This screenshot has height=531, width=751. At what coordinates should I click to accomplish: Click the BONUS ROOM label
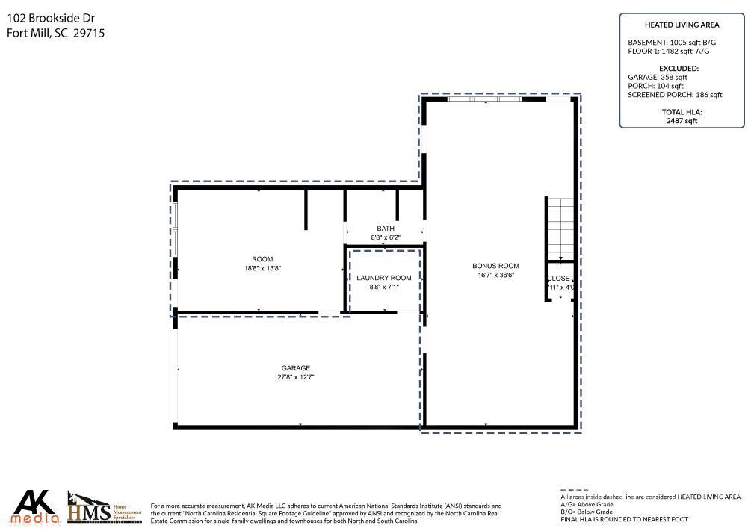pos(495,266)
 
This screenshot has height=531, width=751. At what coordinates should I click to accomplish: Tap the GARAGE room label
pos(295,368)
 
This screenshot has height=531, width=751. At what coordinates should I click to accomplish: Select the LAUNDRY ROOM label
pos(384,278)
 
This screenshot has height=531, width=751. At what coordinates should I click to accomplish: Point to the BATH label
pos(386,229)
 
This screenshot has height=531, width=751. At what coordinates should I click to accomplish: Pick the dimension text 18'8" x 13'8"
pos(262,268)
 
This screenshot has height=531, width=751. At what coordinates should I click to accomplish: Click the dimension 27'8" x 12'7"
pos(295,377)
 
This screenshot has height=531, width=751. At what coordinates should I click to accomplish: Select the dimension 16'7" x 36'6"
pos(495,275)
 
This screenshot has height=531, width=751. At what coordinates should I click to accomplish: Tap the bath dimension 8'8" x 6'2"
pos(386,237)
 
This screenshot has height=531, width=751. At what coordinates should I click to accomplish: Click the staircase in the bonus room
pos(560,228)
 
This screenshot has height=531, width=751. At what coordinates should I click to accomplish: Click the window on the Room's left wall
pos(176,230)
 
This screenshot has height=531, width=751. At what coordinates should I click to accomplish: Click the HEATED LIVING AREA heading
pos(682,25)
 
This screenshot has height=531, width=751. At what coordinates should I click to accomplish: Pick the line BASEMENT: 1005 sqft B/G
pos(673,43)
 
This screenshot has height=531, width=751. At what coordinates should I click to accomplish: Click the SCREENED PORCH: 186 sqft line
pos(675,95)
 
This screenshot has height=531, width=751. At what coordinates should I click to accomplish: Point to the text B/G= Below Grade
pos(587,512)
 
